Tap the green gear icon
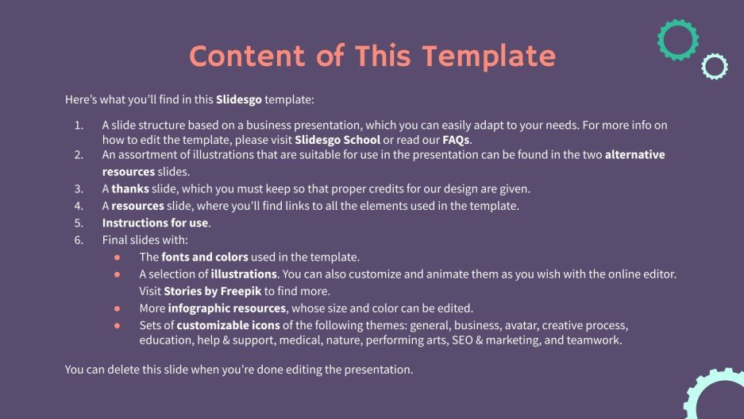click(677, 40)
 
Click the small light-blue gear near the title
click(715, 67)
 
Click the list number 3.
click(79, 189)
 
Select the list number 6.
click(79, 239)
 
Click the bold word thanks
click(129, 189)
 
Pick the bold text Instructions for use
click(155, 223)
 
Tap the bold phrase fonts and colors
click(205, 257)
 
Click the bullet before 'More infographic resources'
click(118, 308)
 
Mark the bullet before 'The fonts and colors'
click(118, 257)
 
